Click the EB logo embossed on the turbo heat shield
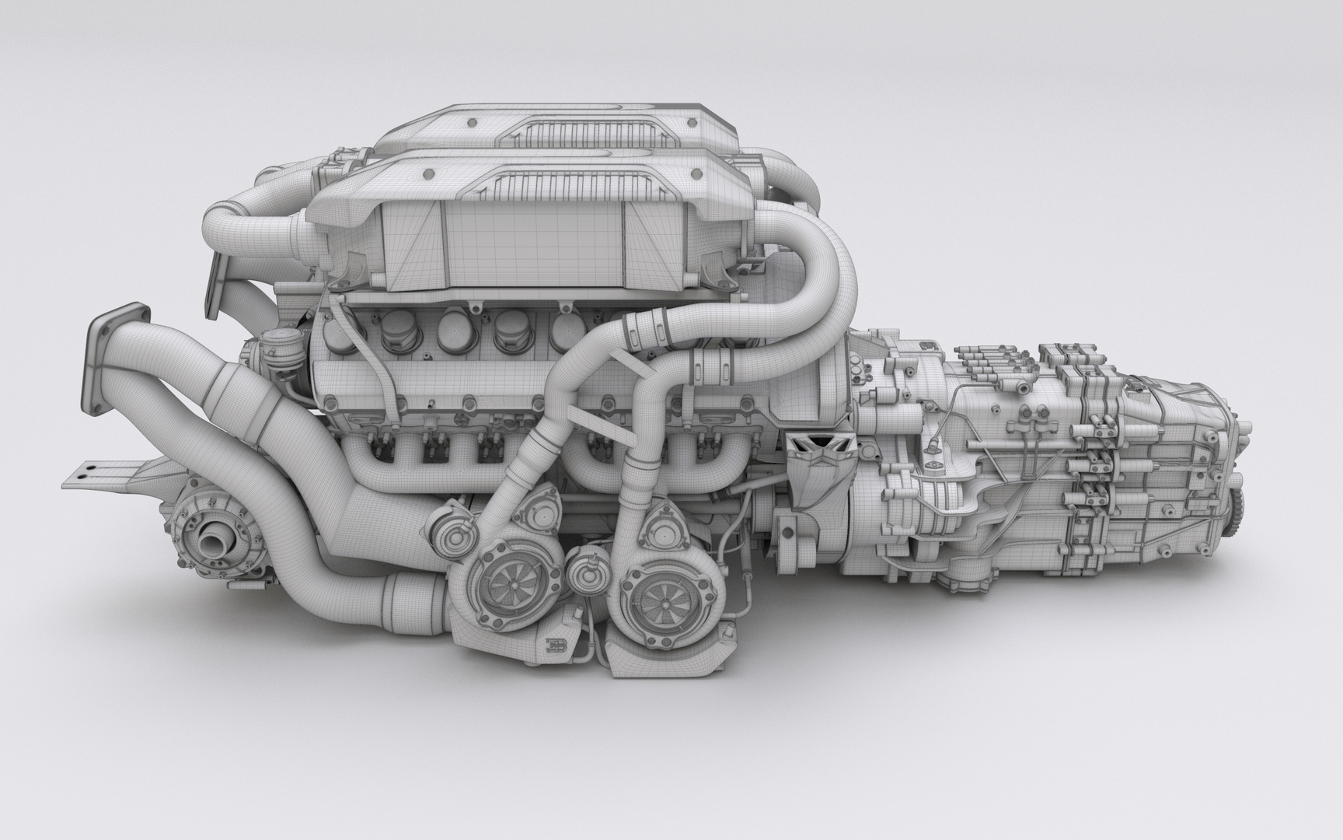(x=556, y=644)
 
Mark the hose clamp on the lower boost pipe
(x=710, y=366)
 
